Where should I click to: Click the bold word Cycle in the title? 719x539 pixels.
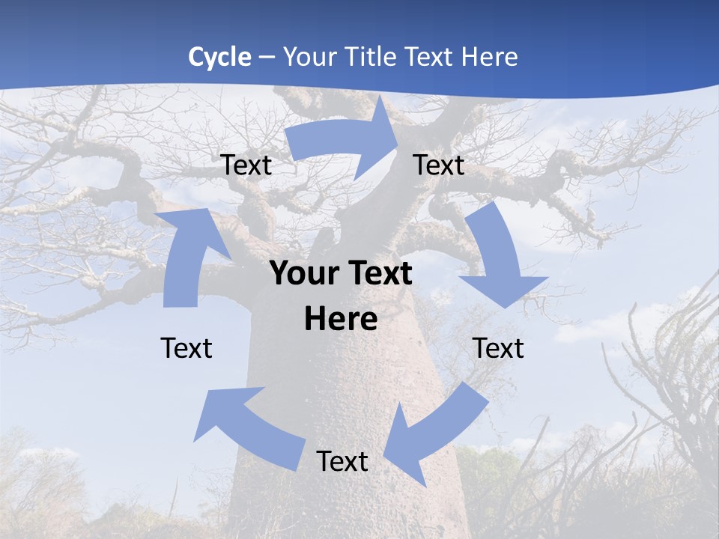pos(219,57)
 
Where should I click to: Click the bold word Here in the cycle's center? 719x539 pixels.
pos(341,319)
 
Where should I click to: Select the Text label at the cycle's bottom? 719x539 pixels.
pos(342,461)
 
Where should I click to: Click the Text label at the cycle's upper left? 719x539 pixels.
pos(246,165)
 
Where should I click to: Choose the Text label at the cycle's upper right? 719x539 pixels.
pos(439,165)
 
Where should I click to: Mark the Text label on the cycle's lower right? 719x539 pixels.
pos(498,348)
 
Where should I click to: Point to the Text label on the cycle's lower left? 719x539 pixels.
pos(186,348)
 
